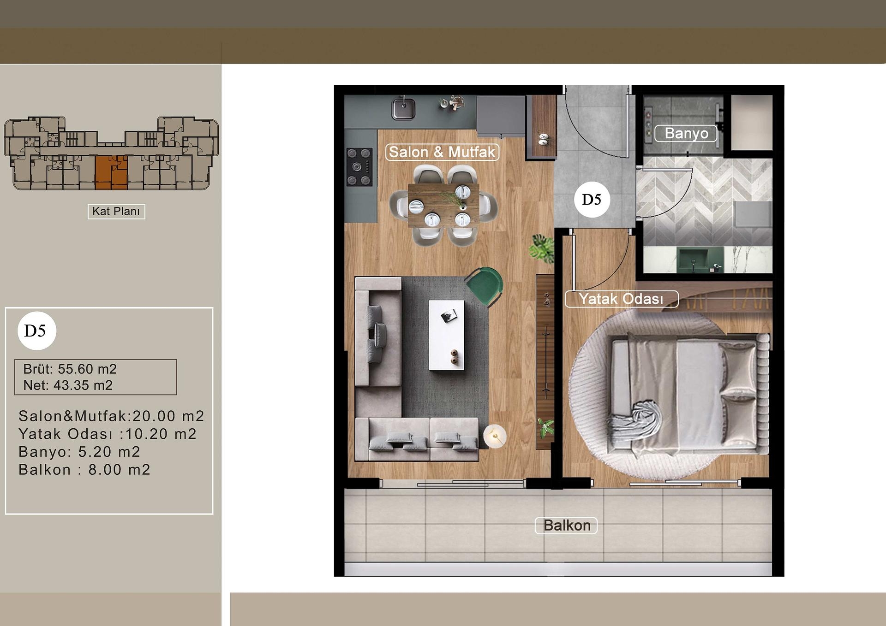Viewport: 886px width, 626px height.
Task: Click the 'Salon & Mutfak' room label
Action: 442,152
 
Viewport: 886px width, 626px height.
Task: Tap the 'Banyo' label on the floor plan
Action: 686,133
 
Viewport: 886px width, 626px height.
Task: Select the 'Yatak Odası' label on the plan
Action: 621,299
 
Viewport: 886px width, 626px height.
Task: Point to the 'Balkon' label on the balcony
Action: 566,526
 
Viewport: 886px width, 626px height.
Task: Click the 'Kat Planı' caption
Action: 116,212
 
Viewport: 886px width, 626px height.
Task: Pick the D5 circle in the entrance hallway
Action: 592,200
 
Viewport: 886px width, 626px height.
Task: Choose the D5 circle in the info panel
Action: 36,331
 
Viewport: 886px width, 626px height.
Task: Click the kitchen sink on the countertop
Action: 403,109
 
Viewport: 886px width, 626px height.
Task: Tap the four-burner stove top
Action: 359,167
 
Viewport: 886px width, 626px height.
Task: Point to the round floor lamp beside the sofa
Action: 495,435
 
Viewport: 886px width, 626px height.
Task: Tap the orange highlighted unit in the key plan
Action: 111,172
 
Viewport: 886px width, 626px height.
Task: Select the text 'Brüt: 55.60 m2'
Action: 70,369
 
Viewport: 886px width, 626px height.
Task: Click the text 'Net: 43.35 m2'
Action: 68,385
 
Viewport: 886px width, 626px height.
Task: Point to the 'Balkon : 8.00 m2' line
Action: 84,470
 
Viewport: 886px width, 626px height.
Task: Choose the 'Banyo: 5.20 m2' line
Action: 79,452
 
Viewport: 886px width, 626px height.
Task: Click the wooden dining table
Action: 443,205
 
